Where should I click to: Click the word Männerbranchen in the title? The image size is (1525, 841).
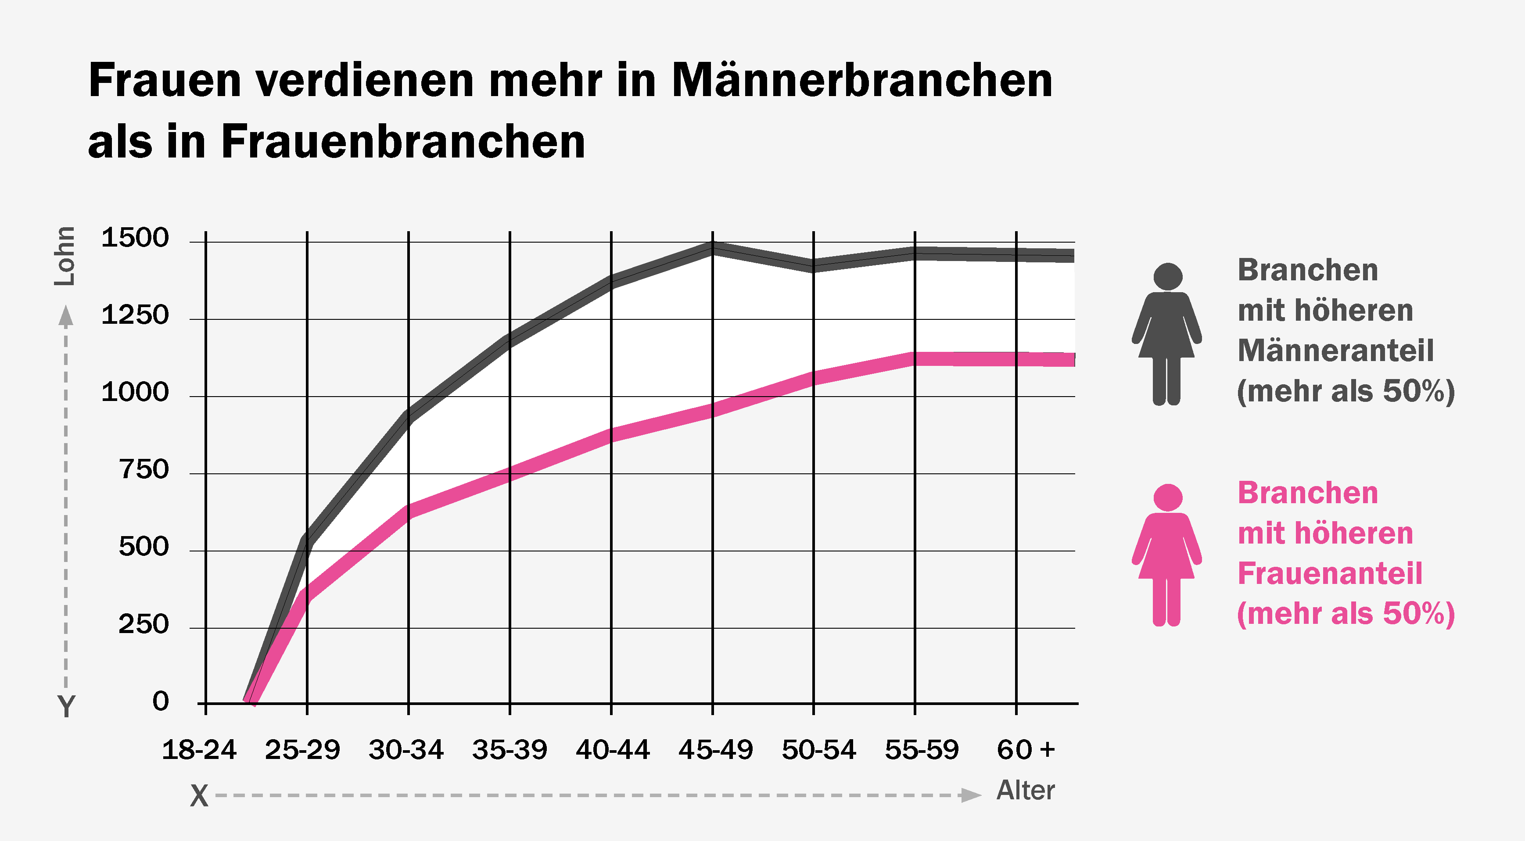[x=862, y=80]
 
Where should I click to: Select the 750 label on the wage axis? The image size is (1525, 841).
[x=144, y=469]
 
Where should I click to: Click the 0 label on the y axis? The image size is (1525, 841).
[x=161, y=701]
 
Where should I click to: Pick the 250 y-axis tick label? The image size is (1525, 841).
[x=144, y=624]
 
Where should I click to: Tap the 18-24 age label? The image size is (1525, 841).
[x=199, y=750]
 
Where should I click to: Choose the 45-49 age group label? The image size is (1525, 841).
[x=716, y=750]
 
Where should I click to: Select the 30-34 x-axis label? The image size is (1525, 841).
[x=406, y=750]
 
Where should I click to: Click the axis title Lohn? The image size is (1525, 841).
[x=65, y=256]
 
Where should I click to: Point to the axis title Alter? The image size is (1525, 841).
[x=1025, y=790]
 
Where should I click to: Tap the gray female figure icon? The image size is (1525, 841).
[x=1167, y=334]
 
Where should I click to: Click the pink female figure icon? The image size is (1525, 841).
[x=1167, y=555]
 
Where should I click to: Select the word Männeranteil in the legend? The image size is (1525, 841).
[x=1335, y=351]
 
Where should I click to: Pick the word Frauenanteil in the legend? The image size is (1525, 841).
[x=1330, y=573]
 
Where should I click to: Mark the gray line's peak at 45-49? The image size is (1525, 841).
[x=713, y=247]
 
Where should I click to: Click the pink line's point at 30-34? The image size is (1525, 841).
[x=409, y=510]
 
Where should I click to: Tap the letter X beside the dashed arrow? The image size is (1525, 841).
[x=200, y=796]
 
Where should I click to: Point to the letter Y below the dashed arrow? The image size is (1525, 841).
[x=66, y=706]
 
